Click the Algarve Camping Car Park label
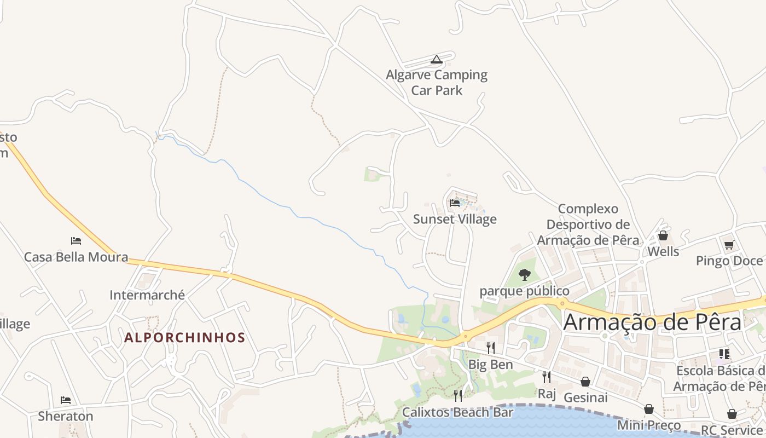click(437, 83)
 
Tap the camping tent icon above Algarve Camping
click(436, 59)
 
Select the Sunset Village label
click(455, 220)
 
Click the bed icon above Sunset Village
click(454, 203)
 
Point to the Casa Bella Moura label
click(76, 257)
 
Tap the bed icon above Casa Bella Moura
click(76, 240)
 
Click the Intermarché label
click(147, 295)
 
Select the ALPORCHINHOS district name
click(184, 338)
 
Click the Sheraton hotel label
click(66, 416)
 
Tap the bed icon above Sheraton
click(66, 400)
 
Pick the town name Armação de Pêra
click(652, 322)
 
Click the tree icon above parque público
click(524, 275)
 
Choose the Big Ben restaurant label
click(491, 365)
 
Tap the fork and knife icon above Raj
click(546, 377)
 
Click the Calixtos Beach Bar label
click(458, 412)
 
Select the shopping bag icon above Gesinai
click(585, 381)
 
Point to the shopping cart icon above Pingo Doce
click(729, 245)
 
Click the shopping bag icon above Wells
click(663, 235)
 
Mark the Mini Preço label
click(649, 425)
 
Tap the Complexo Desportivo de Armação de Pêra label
click(588, 224)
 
